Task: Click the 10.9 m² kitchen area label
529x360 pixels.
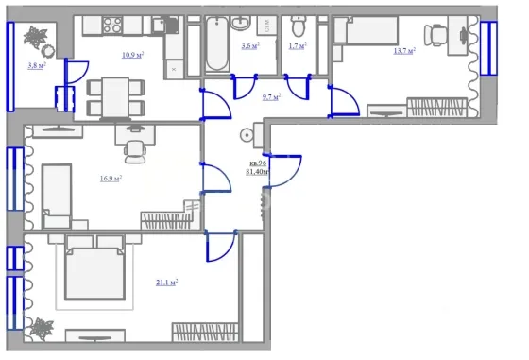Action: point(132,55)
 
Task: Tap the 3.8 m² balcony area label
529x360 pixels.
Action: point(37,65)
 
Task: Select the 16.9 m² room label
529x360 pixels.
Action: point(111,179)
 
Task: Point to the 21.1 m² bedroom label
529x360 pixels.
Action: point(166,283)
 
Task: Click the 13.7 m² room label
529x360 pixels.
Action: point(404,51)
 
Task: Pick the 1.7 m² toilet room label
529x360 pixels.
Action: point(298,45)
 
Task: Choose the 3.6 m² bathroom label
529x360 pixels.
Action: point(250,45)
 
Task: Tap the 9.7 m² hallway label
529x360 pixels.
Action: point(272,97)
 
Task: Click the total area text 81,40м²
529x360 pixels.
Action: point(257,172)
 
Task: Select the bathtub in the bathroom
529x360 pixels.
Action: point(217,43)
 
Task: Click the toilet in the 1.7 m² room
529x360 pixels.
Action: point(298,26)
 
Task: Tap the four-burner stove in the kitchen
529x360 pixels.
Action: point(112,25)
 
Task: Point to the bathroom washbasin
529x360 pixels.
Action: point(241,23)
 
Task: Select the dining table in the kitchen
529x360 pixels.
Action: point(115,98)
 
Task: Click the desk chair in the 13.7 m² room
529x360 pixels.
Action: point(435,35)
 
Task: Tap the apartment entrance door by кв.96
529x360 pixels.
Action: point(283,171)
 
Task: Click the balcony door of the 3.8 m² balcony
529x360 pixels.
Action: point(77,72)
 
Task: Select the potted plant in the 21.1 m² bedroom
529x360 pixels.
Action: point(42,328)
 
